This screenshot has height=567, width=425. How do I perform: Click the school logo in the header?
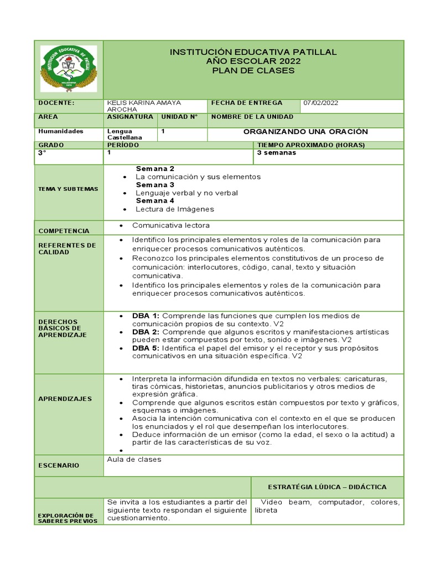[69, 69]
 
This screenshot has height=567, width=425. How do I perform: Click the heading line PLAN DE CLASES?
[253, 70]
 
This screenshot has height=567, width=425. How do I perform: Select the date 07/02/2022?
[320, 103]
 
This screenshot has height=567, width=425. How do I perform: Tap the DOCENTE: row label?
[56, 103]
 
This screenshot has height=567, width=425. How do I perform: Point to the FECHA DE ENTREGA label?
[246, 103]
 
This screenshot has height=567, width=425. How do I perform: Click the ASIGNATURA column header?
[130, 117]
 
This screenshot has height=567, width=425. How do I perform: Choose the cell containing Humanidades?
[61, 132]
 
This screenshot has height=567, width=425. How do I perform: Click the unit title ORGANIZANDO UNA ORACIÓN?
[305, 132]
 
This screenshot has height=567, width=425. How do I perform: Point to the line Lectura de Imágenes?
[174, 209]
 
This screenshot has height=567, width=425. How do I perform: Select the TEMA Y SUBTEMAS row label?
[68, 189]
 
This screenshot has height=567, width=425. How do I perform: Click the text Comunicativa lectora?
[170, 225]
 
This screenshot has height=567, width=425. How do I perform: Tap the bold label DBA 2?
[146, 332]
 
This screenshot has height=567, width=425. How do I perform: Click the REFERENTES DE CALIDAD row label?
[67, 249]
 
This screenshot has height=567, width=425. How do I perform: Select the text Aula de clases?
[134, 460]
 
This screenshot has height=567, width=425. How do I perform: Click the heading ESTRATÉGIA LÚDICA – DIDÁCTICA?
[328, 487]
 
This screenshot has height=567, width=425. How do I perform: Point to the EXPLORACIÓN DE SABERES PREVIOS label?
[68, 518]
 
